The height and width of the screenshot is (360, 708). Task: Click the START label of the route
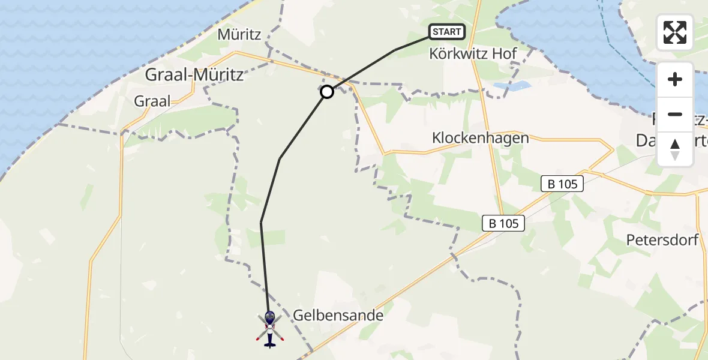(x=447, y=32)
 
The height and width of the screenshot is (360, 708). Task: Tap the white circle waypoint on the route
(x=327, y=92)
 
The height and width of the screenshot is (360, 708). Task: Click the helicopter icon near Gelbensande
(x=269, y=329)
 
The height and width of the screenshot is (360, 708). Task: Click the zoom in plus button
(x=675, y=79)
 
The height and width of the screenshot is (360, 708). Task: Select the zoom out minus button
(x=675, y=114)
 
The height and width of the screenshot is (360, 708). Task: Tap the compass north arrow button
(x=675, y=148)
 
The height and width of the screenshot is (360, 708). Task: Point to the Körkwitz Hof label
(x=473, y=53)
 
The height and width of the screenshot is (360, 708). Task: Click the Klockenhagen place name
(x=480, y=138)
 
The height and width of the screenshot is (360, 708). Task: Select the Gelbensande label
(x=338, y=315)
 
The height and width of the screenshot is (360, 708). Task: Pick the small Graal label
(x=152, y=101)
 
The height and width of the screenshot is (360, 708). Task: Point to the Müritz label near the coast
(x=239, y=35)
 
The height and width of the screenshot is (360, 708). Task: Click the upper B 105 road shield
(x=562, y=184)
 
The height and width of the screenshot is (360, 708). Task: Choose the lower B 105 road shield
(x=504, y=224)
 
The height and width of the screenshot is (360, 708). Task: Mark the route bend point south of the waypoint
(x=280, y=159)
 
